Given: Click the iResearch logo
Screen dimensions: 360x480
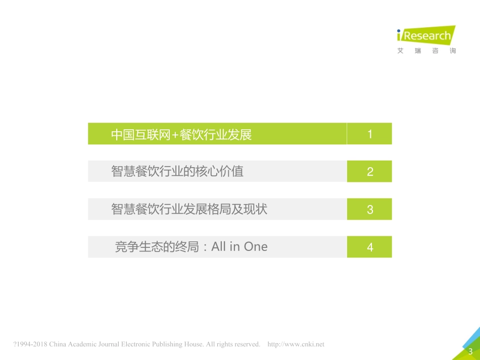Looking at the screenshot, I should click(426, 36).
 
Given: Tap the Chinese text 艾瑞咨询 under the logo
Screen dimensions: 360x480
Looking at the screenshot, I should click(426, 51).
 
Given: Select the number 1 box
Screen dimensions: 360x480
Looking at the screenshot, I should click(369, 134).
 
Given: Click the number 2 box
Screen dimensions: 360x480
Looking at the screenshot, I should click(369, 171).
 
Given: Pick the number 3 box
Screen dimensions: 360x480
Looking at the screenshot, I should click(369, 209).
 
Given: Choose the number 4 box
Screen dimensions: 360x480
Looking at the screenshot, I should click(369, 247).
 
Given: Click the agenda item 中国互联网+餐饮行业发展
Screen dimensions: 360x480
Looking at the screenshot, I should click(181, 134).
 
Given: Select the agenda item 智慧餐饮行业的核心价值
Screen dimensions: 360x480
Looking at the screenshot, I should click(177, 171).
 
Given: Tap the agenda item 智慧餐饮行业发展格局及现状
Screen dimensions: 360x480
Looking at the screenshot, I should click(189, 209).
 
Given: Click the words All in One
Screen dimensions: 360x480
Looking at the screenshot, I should click(239, 247).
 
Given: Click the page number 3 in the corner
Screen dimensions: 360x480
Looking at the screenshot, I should click(470, 352).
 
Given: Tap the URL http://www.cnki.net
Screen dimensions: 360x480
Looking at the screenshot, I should click(296, 344).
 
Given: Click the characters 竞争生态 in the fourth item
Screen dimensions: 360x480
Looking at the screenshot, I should click(133, 247).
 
